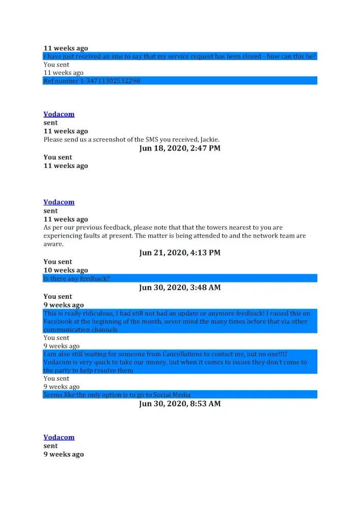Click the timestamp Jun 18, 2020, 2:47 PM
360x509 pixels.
click(x=180, y=149)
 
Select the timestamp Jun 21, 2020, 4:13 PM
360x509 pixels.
click(x=180, y=253)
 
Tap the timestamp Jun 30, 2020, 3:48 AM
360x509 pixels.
click(x=180, y=288)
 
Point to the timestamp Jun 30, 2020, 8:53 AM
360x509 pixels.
click(x=180, y=404)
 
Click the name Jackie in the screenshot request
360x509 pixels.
click(x=209, y=139)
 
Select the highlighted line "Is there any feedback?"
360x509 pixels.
click(x=76, y=278)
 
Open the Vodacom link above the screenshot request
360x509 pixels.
click(x=59, y=114)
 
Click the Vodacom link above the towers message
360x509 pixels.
click(x=59, y=202)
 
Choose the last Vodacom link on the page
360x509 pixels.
click(x=59, y=437)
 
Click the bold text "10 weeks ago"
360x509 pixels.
click(x=66, y=270)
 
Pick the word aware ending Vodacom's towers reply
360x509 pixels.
click(x=52, y=244)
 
